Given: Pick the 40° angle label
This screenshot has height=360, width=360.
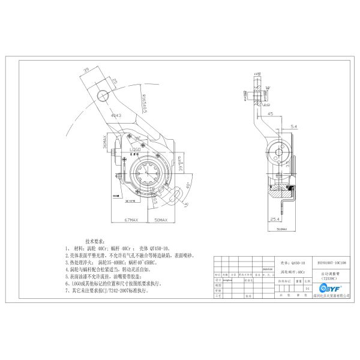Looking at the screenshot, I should coord(190,184).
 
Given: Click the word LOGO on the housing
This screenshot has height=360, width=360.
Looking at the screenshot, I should coord(136,149).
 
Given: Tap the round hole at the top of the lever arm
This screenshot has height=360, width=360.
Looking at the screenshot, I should coord(104,95).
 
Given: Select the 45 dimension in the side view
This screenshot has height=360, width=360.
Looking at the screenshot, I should coord(271,112).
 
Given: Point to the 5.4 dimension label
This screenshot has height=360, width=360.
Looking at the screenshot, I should coord(293,127).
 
